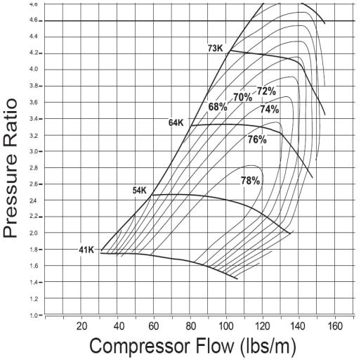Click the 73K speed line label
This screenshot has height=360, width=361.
click(x=216, y=49)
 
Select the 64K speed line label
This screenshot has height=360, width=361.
click(x=176, y=122)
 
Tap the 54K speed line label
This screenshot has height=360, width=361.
click(x=140, y=191)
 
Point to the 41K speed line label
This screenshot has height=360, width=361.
click(x=86, y=250)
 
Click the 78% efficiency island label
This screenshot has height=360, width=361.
click(x=251, y=181)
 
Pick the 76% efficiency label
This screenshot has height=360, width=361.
click(x=257, y=140)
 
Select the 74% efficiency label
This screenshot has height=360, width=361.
click(x=270, y=109)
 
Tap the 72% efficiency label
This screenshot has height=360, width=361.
click(x=266, y=91)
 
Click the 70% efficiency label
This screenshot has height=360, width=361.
click(x=243, y=97)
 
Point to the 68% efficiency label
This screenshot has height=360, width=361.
click(x=218, y=107)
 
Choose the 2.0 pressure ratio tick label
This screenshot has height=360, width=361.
click(x=34, y=233)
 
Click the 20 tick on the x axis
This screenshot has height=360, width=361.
click(x=81, y=326)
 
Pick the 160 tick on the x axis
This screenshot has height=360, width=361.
click(x=335, y=326)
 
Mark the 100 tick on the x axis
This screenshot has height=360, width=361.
click(x=226, y=326)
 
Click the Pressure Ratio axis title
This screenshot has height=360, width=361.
click(x=11, y=168)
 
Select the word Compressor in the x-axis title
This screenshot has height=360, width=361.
click(x=140, y=346)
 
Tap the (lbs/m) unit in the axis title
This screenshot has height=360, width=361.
click(x=268, y=347)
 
